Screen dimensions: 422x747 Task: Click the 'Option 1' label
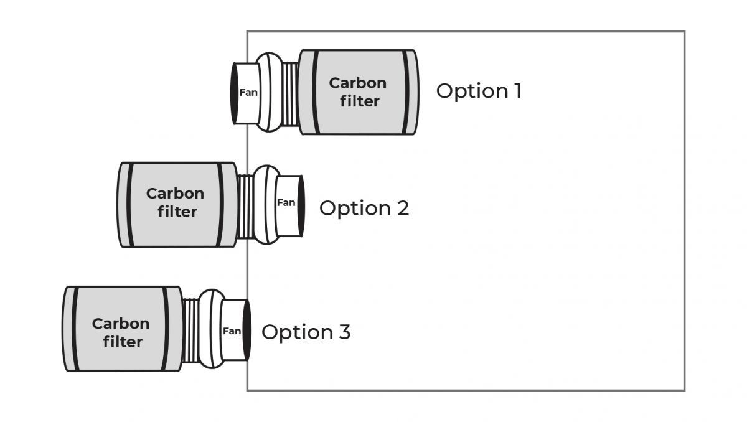pyautogui.click(x=478, y=91)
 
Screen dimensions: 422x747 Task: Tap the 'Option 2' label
pyautogui.click(x=364, y=208)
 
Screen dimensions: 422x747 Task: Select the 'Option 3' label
pyautogui.click(x=306, y=332)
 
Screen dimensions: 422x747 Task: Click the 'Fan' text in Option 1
pyautogui.click(x=248, y=93)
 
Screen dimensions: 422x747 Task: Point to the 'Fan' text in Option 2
pyautogui.click(x=286, y=202)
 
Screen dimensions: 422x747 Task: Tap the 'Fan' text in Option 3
pyautogui.click(x=232, y=331)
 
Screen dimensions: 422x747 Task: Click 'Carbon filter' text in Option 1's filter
pyautogui.click(x=357, y=91)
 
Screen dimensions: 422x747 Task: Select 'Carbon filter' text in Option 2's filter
pyautogui.click(x=176, y=202)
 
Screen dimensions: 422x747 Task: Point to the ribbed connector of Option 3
pyautogui.click(x=190, y=330)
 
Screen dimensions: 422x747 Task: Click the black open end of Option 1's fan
pyautogui.click(x=235, y=93)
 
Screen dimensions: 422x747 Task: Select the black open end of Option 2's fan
pyautogui.click(x=301, y=206)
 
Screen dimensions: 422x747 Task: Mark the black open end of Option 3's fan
pyautogui.click(x=247, y=331)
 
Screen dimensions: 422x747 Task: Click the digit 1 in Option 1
pyautogui.click(x=517, y=91)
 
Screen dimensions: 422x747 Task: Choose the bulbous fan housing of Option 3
pyautogui.click(x=211, y=330)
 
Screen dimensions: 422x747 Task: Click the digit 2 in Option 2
pyautogui.click(x=403, y=208)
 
